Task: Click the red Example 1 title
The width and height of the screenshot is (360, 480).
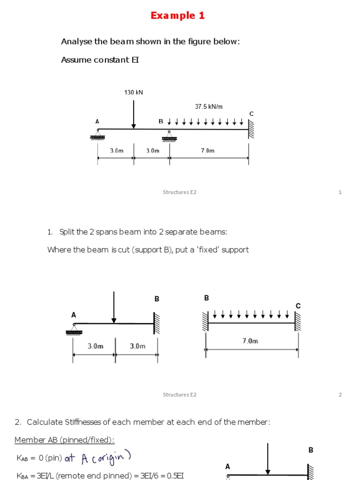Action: coord(178,15)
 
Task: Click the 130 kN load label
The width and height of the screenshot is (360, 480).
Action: coord(134,92)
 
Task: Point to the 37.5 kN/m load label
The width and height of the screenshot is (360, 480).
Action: coord(209,107)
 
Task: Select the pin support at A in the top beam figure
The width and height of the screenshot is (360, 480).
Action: coord(97,135)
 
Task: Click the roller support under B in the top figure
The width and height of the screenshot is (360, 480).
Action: coord(170,137)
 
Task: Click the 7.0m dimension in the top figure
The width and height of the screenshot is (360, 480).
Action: coord(208,150)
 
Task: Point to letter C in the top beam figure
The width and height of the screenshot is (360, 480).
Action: coord(251,114)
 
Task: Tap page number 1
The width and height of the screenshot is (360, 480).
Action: coord(340,192)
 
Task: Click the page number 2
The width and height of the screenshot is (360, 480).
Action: coord(340,395)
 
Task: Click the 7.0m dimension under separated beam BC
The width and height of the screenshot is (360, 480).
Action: coord(250,341)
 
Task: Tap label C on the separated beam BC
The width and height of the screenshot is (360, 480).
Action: coord(298,306)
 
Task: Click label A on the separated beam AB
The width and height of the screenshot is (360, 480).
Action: coord(74,315)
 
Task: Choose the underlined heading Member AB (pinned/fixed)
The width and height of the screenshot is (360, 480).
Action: coord(64,439)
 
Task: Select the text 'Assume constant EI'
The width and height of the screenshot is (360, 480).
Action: coord(100,60)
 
